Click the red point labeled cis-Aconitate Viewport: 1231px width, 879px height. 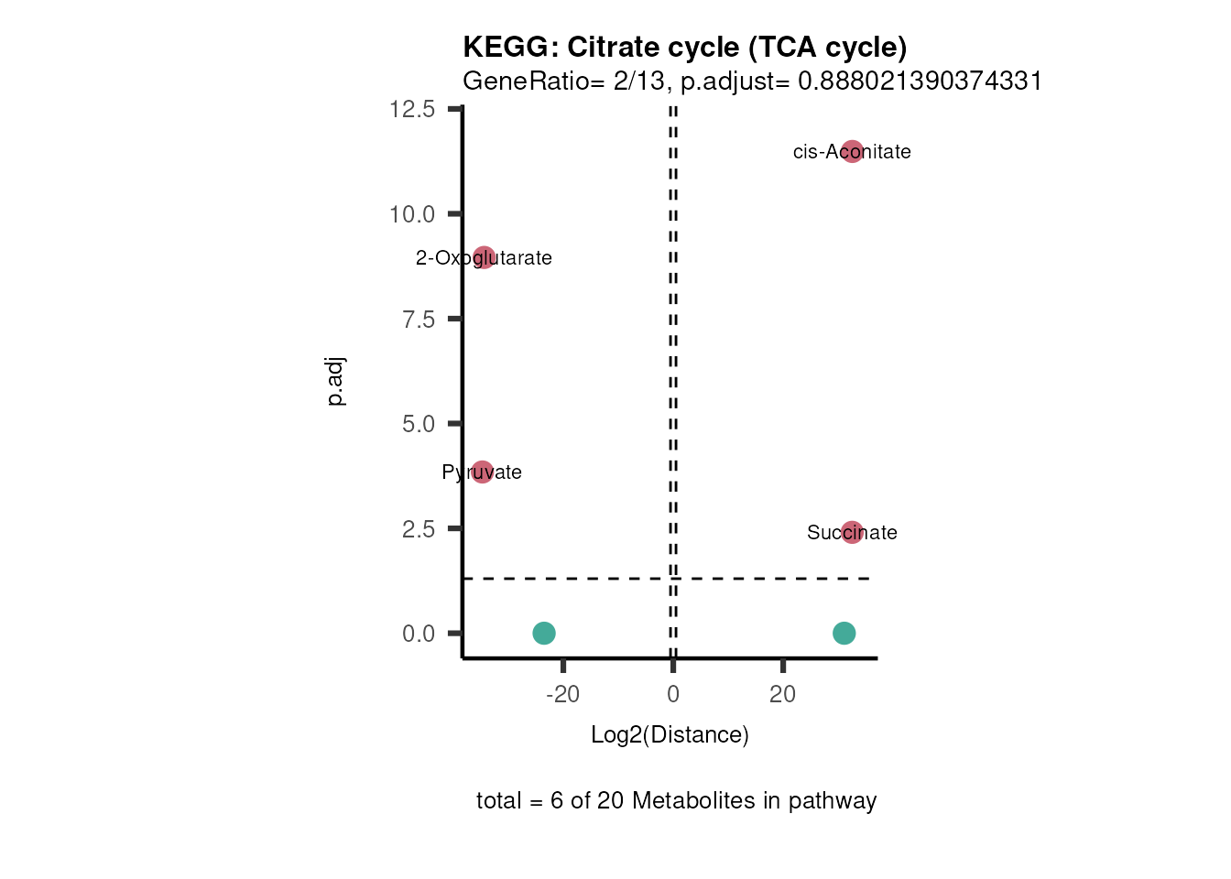[x=852, y=151]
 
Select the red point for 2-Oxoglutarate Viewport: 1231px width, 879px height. [x=484, y=257]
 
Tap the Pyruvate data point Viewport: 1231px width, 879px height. [x=482, y=472]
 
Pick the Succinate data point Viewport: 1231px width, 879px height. [x=852, y=532]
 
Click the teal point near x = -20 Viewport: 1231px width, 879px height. [x=544, y=633]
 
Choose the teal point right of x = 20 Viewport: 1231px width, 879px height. [x=844, y=633]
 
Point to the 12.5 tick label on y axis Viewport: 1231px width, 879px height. [x=412, y=109]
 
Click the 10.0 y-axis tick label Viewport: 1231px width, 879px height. [x=412, y=214]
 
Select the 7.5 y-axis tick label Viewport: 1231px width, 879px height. [x=418, y=319]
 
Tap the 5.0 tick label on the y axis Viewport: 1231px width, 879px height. [x=418, y=424]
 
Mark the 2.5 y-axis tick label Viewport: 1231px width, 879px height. [x=418, y=529]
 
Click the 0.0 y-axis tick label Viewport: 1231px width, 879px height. [x=418, y=634]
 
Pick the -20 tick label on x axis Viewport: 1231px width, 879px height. [x=562, y=694]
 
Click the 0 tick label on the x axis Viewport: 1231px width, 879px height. [x=673, y=694]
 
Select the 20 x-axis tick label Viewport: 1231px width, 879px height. [x=783, y=694]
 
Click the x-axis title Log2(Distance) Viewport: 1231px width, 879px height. [x=670, y=734]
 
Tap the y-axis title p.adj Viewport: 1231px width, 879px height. [x=335, y=382]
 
